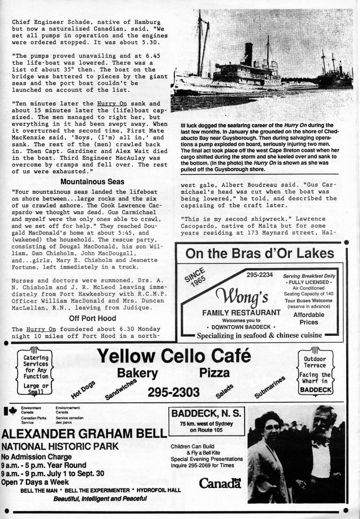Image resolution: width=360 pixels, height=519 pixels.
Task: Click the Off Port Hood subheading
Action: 92,318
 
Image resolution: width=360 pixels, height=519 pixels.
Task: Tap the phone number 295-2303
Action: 173,392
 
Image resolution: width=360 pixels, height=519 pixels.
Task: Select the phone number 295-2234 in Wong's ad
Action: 259,275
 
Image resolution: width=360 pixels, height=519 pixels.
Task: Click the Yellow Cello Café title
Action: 174,357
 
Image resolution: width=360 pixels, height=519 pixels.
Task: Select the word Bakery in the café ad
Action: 137,373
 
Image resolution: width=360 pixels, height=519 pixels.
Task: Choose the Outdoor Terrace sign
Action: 315,362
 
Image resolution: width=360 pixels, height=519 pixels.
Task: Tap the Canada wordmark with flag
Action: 221,483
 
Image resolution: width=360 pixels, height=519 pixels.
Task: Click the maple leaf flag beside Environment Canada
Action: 12,411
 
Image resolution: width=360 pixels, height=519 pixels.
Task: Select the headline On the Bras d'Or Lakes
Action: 259,253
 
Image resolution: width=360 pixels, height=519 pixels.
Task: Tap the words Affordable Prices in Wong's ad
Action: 309,318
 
